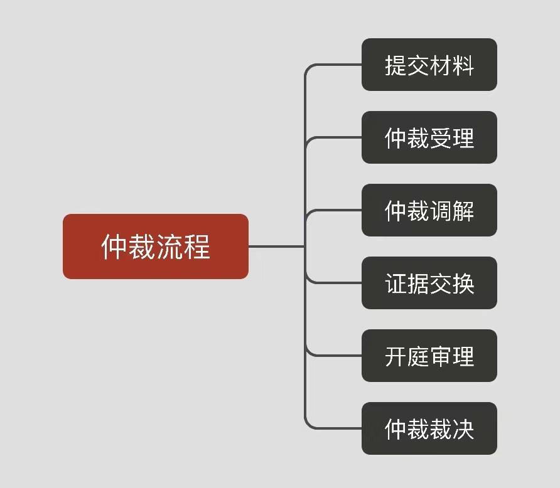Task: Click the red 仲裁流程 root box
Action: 155,246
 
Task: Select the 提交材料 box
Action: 429,65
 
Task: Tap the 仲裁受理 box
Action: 429,137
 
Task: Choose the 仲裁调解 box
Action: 429,210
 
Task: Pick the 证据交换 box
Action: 429,283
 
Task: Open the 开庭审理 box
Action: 429,356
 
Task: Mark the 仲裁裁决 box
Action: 429,428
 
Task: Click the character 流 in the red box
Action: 170,247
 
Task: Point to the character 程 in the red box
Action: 198,247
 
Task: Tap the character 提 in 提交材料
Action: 396,65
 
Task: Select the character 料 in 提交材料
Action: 463,65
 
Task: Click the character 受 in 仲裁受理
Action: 441,138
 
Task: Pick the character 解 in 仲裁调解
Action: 463,211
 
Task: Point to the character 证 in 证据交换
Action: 396,284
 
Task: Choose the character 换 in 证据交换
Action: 463,284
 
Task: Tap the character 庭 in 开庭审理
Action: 418,356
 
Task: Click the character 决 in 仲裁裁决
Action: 463,429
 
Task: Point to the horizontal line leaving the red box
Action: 276,247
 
